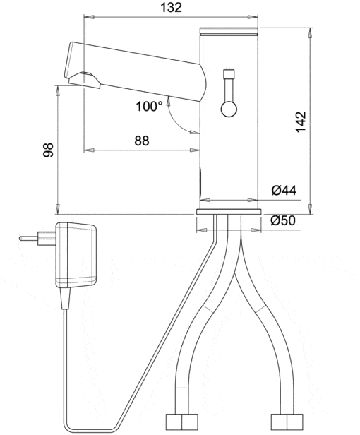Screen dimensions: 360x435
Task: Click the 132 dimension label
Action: pyautogui.click(x=171, y=8)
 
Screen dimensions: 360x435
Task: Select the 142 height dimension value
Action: pyautogui.click(x=301, y=122)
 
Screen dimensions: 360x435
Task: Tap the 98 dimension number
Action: pyautogui.click(x=48, y=150)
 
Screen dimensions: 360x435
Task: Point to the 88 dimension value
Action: pyautogui.click(x=142, y=141)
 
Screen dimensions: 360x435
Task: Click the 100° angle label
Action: pyautogui.click(x=149, y=106)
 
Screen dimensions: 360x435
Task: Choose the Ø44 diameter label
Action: pyautogui.click(x=284, y=190)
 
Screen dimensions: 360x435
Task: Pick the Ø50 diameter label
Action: pyautogui.click(x=283, y=220)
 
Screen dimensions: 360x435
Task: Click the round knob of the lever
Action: pyautogui.click(x=229, y=109)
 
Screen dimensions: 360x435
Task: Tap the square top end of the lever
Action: pyautogui.click(x=229, y=73)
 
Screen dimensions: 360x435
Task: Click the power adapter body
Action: pyautogui.click(x=76, y=255)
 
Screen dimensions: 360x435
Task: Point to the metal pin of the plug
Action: pyautogui.click(x=28, y=238)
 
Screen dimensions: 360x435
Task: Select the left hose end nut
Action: pyautogui.click(x=182, y=422)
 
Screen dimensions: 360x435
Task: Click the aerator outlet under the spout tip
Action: pyautogui.click(x=84, y=80)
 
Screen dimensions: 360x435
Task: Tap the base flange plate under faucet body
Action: pyautogui.click(x=229, y=212)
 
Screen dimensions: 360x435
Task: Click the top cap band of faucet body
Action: pyautogui.click(x=229, y=30)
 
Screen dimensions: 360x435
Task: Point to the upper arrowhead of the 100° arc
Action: pyautogui.click(x=168, y=102)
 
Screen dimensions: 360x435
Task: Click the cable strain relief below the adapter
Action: pyautogui.click(x=65, y=298)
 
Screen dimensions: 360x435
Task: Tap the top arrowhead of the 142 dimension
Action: pyautogui.click(x=310, y=32)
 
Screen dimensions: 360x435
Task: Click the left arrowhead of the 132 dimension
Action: pyautogui.click(x=88, y=17)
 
